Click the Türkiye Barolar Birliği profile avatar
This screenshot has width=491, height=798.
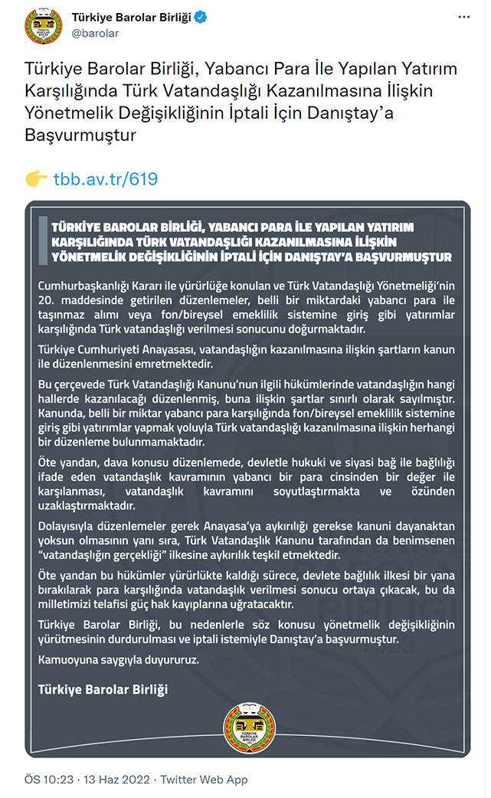(43, 28)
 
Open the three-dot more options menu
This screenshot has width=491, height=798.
(463, 18)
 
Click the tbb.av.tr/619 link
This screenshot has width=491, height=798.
(106, 179)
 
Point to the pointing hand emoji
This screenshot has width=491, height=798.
(36, 178)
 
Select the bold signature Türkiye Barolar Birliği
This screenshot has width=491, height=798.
(103, 688)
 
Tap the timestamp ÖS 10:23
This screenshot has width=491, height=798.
(48, 780)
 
